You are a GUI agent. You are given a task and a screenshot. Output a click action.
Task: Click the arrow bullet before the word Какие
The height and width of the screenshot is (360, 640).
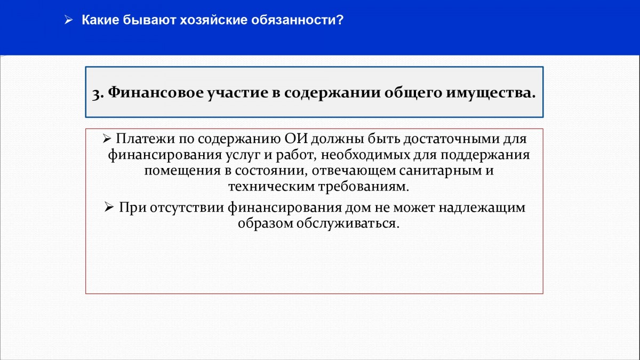click(x=69, y=20)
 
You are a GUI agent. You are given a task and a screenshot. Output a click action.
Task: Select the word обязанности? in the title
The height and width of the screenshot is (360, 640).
click(x=298, y=20)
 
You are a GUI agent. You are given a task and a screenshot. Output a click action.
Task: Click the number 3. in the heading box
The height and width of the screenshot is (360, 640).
click(x=98, y=93)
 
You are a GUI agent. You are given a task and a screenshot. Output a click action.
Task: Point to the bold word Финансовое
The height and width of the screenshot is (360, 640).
click(x=156, y=92)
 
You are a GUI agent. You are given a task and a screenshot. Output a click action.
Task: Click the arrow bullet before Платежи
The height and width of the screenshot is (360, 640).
click(x=107, y=139)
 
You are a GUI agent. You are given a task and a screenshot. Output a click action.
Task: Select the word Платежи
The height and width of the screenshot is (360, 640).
click(x=146, y=139)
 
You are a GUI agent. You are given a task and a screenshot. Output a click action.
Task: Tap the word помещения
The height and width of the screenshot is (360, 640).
click(x=182, y=171)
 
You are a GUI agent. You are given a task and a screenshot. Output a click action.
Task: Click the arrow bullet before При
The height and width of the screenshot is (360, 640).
click(x=109, y=207)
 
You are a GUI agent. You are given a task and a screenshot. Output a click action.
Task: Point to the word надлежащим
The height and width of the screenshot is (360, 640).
click(x=482, y=207)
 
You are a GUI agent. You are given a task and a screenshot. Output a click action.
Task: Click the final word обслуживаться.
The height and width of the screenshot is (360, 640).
click(x=348, y=223)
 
